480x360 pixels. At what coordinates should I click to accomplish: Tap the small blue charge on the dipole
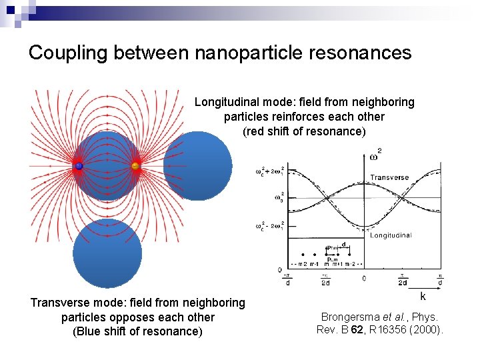79,165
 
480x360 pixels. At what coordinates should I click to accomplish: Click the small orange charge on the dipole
135,165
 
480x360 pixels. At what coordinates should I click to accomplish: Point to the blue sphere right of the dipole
198,166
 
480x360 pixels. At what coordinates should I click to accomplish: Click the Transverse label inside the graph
390,178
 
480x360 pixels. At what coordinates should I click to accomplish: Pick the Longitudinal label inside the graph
391,235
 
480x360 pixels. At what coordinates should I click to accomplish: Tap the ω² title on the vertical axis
375,155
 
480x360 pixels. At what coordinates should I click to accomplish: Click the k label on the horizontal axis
422,295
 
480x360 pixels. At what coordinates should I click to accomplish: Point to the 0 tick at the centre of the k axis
364,277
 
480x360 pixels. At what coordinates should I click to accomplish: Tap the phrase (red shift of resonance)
304,131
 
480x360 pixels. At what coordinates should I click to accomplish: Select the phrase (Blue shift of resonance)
137,331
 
